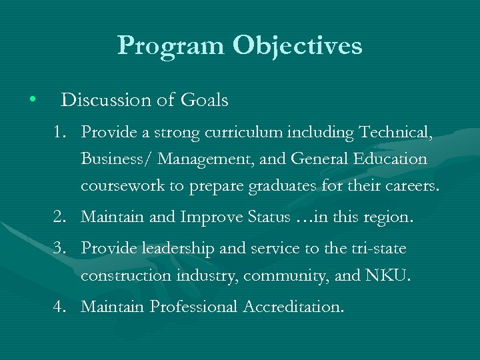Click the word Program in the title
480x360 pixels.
[x=171, y=46]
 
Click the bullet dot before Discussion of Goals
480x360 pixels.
[x=32, y=100]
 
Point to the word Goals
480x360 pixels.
[x=204, y=100]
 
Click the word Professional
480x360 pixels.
[x=194, y=307]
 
